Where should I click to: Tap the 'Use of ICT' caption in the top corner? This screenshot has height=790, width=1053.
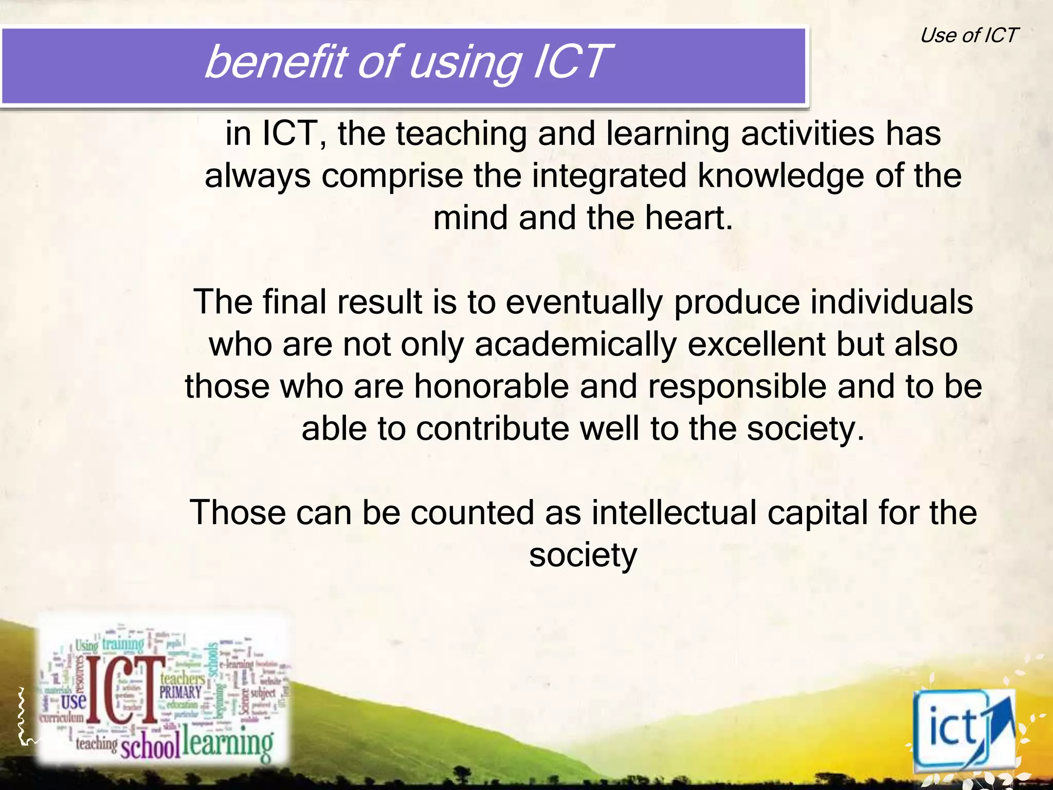tap(968, 35)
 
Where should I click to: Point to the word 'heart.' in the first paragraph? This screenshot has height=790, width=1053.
tap(688, 218)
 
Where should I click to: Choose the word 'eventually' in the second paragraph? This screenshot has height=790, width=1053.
tap(584, 302)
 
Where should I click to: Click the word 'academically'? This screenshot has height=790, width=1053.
tap(575, 345)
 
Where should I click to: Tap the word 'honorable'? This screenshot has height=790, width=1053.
tap(492, 387)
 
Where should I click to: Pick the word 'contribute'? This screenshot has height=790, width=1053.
tap(493, 429)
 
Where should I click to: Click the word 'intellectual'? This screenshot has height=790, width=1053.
tap(674, 513)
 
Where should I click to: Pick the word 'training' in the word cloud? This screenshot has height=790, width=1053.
tap(123, 644)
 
